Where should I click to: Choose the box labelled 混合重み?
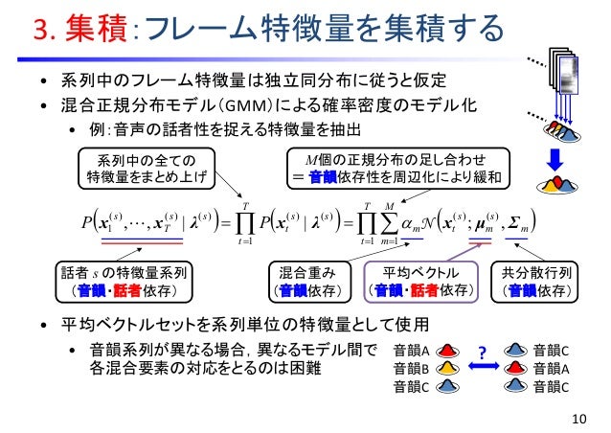coord(305,279)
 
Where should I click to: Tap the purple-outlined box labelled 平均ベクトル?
coord(420,279)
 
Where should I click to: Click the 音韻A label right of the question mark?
coord(551,369)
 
